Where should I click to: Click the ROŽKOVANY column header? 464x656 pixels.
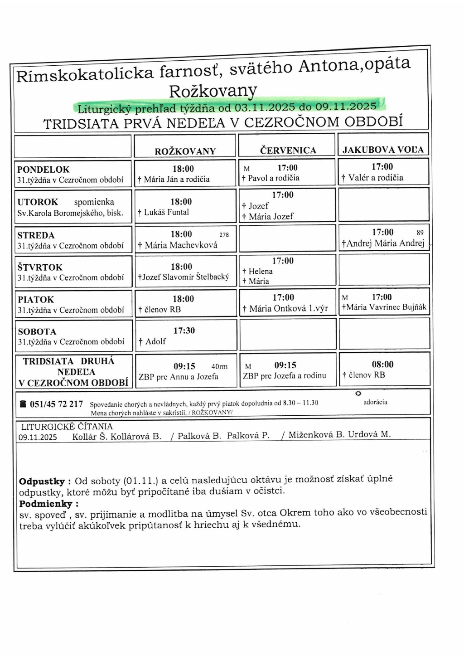(x=185, y=151)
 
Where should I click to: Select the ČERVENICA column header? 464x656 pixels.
(x=288, y=151)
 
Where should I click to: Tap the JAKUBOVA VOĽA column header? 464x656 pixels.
(x=383, y=150)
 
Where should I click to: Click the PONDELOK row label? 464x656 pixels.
(x=43, y=170)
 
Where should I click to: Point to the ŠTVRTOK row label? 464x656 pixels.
(x=40, y=267)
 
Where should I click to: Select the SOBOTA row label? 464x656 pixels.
(x=37, y=331)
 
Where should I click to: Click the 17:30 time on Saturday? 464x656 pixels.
(x=184, y=330)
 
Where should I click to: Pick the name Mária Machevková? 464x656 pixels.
(x=181, y=245)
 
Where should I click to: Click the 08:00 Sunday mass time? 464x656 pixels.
(x=382, y=364)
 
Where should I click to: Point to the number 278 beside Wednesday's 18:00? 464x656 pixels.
(x=224, y=235)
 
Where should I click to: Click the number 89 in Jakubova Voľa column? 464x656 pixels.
(x=420, y=233)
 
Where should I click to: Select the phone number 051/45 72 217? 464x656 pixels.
(x=56, y=404)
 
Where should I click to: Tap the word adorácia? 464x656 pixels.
(x=375, y=402)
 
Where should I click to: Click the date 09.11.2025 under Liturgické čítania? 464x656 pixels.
(x=38, y=437)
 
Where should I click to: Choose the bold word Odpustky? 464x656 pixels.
(x=42, y=481)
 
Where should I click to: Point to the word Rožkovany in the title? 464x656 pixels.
(x=213, y=91)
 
